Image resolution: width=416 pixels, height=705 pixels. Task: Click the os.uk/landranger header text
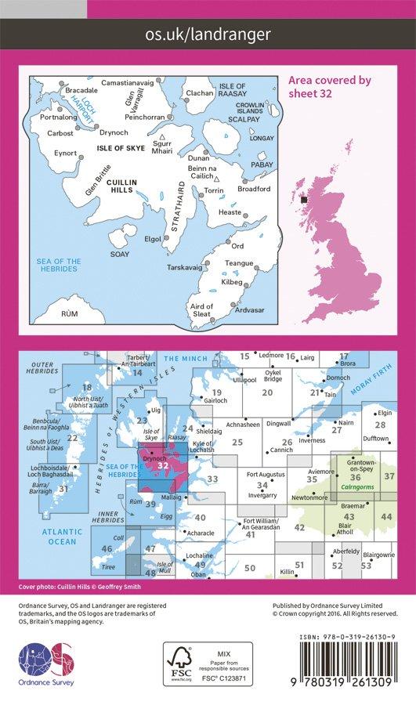click(208, 34)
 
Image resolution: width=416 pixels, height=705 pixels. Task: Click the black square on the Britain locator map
click(304, 201)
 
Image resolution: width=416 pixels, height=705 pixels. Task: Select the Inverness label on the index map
click(312, 440)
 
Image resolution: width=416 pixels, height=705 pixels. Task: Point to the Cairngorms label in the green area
click(359, 486)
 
